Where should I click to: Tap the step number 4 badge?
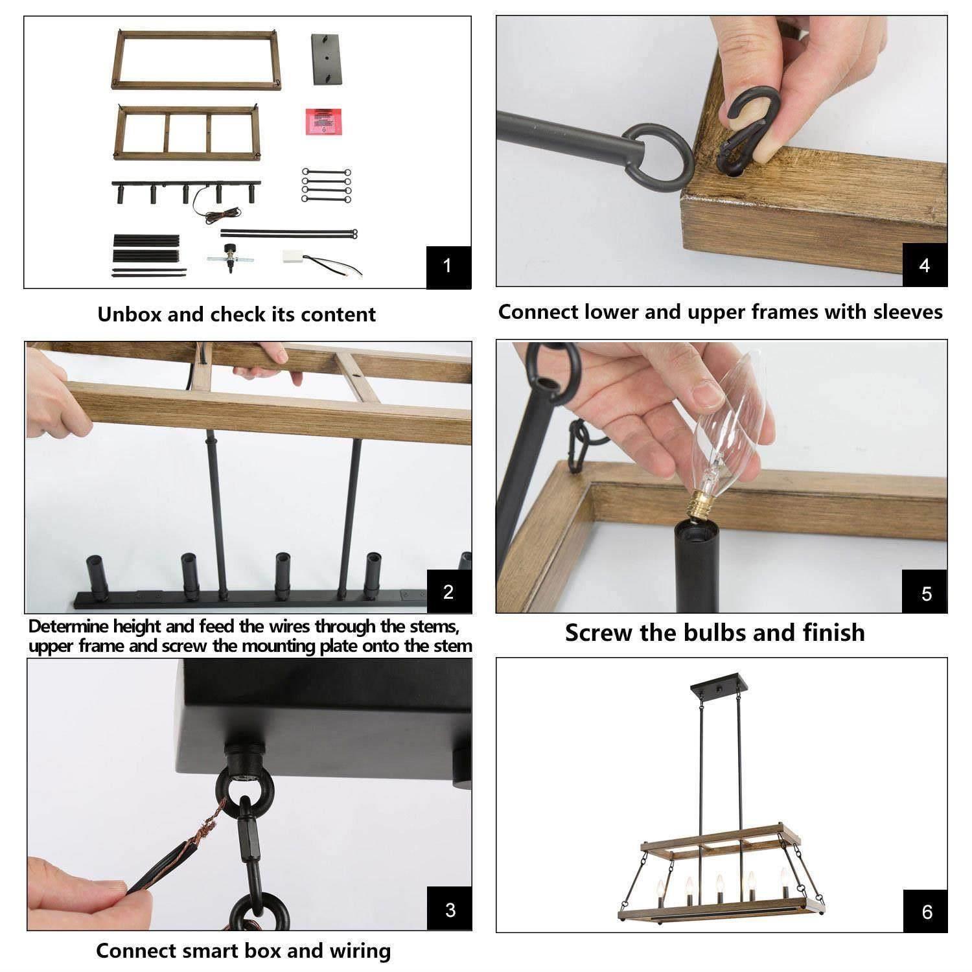click(x=925, y=264)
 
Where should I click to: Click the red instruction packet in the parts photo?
click(x=325, y=121)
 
